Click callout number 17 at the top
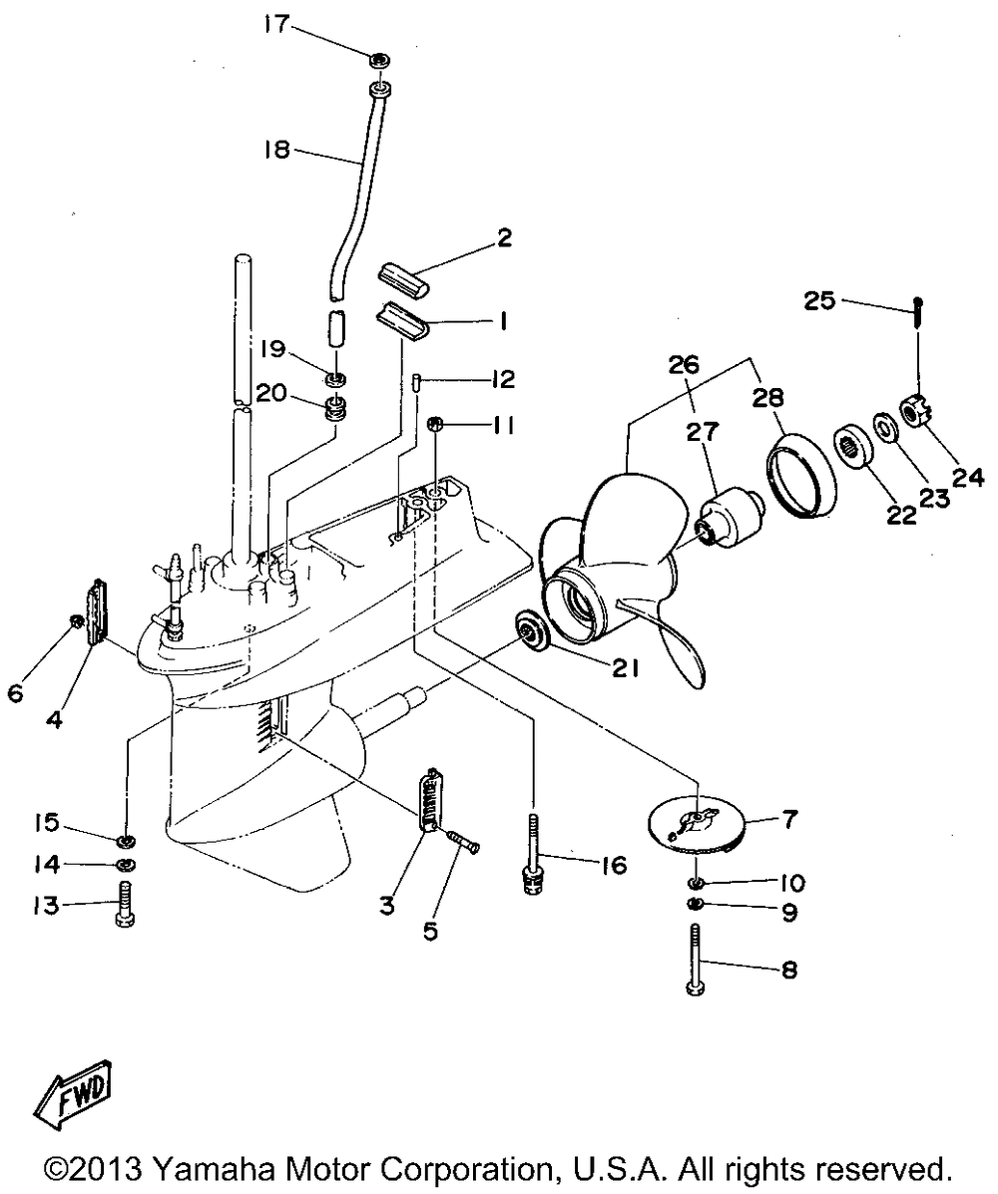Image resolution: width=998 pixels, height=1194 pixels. point(276,24)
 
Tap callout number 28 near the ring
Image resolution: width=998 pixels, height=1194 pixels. point(767,396)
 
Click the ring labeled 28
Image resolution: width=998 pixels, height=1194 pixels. point(800,475)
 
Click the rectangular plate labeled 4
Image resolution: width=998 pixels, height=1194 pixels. point(97,610)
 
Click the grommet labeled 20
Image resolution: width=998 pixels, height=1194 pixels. point(336,406)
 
